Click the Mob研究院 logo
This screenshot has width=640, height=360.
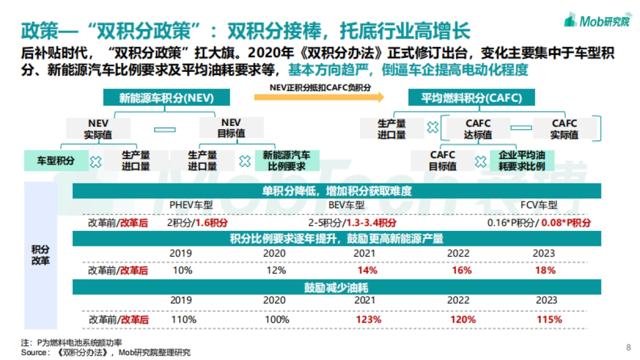[x=597, y=21]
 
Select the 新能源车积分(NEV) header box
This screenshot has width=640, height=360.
[x=166, y=98]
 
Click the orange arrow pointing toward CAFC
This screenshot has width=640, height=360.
[x=319, y=97]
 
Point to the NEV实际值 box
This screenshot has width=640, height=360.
[x=98, y=129]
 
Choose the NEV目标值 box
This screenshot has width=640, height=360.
[x=231, y=129]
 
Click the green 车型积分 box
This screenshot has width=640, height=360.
[x=55, y=161]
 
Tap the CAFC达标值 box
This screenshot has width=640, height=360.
[x=478, y=129]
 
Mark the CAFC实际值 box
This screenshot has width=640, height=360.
[x=564, y=129]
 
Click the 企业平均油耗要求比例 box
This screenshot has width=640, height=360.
[x=521, y=161]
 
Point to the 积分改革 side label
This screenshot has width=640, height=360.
[x=41, y=255]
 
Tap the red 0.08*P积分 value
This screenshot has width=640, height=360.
[x=566, y=222]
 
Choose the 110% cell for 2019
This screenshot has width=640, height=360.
[x=183, y=320]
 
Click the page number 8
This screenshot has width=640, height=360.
[x=628, y=348]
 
